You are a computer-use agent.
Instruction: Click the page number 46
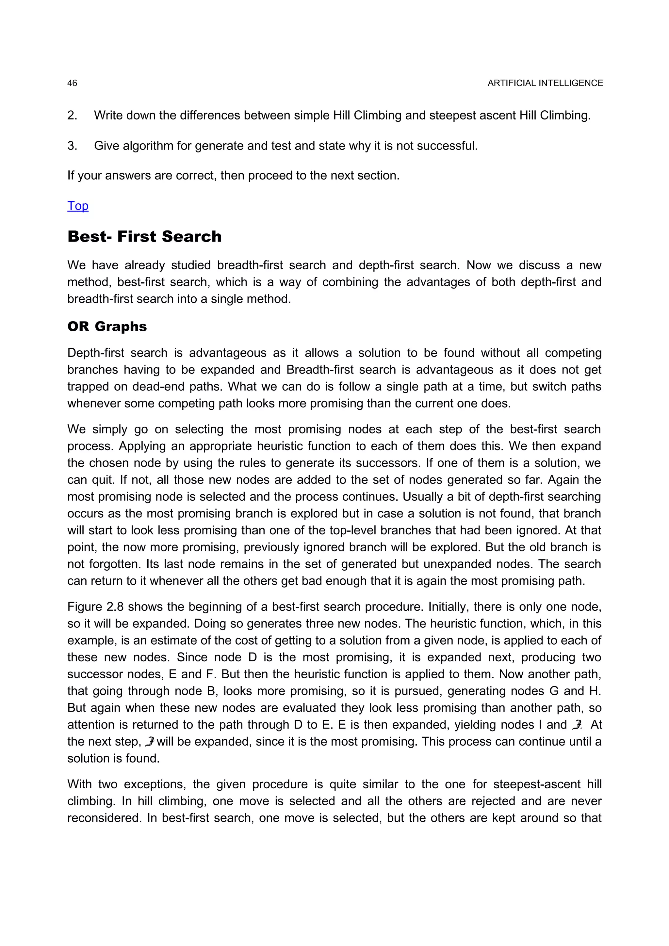coord(72,83)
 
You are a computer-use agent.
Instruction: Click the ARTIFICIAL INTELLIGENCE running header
coord(545,83)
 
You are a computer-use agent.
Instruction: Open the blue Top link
coord(78,206)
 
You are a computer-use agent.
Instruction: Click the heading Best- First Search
coord(144,236)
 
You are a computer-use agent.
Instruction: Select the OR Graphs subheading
coord(107,326)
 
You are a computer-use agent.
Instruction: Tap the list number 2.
coord(72,115)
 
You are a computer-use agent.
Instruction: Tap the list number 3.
coord(72,146)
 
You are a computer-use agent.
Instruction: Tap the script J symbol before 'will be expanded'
coord(150,742)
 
